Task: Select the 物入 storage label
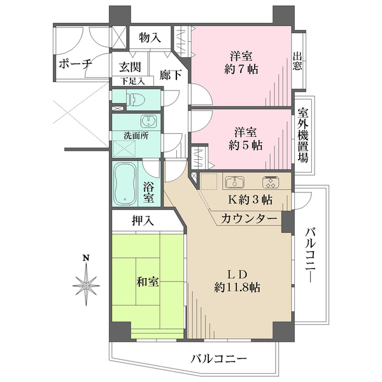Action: coord(150,38)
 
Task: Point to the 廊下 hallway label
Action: coord(171,74)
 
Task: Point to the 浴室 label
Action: coord(148,192)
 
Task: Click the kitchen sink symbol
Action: coord(233,181)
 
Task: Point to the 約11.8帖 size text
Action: coord(237,287)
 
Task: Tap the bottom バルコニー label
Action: coord(218,359)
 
